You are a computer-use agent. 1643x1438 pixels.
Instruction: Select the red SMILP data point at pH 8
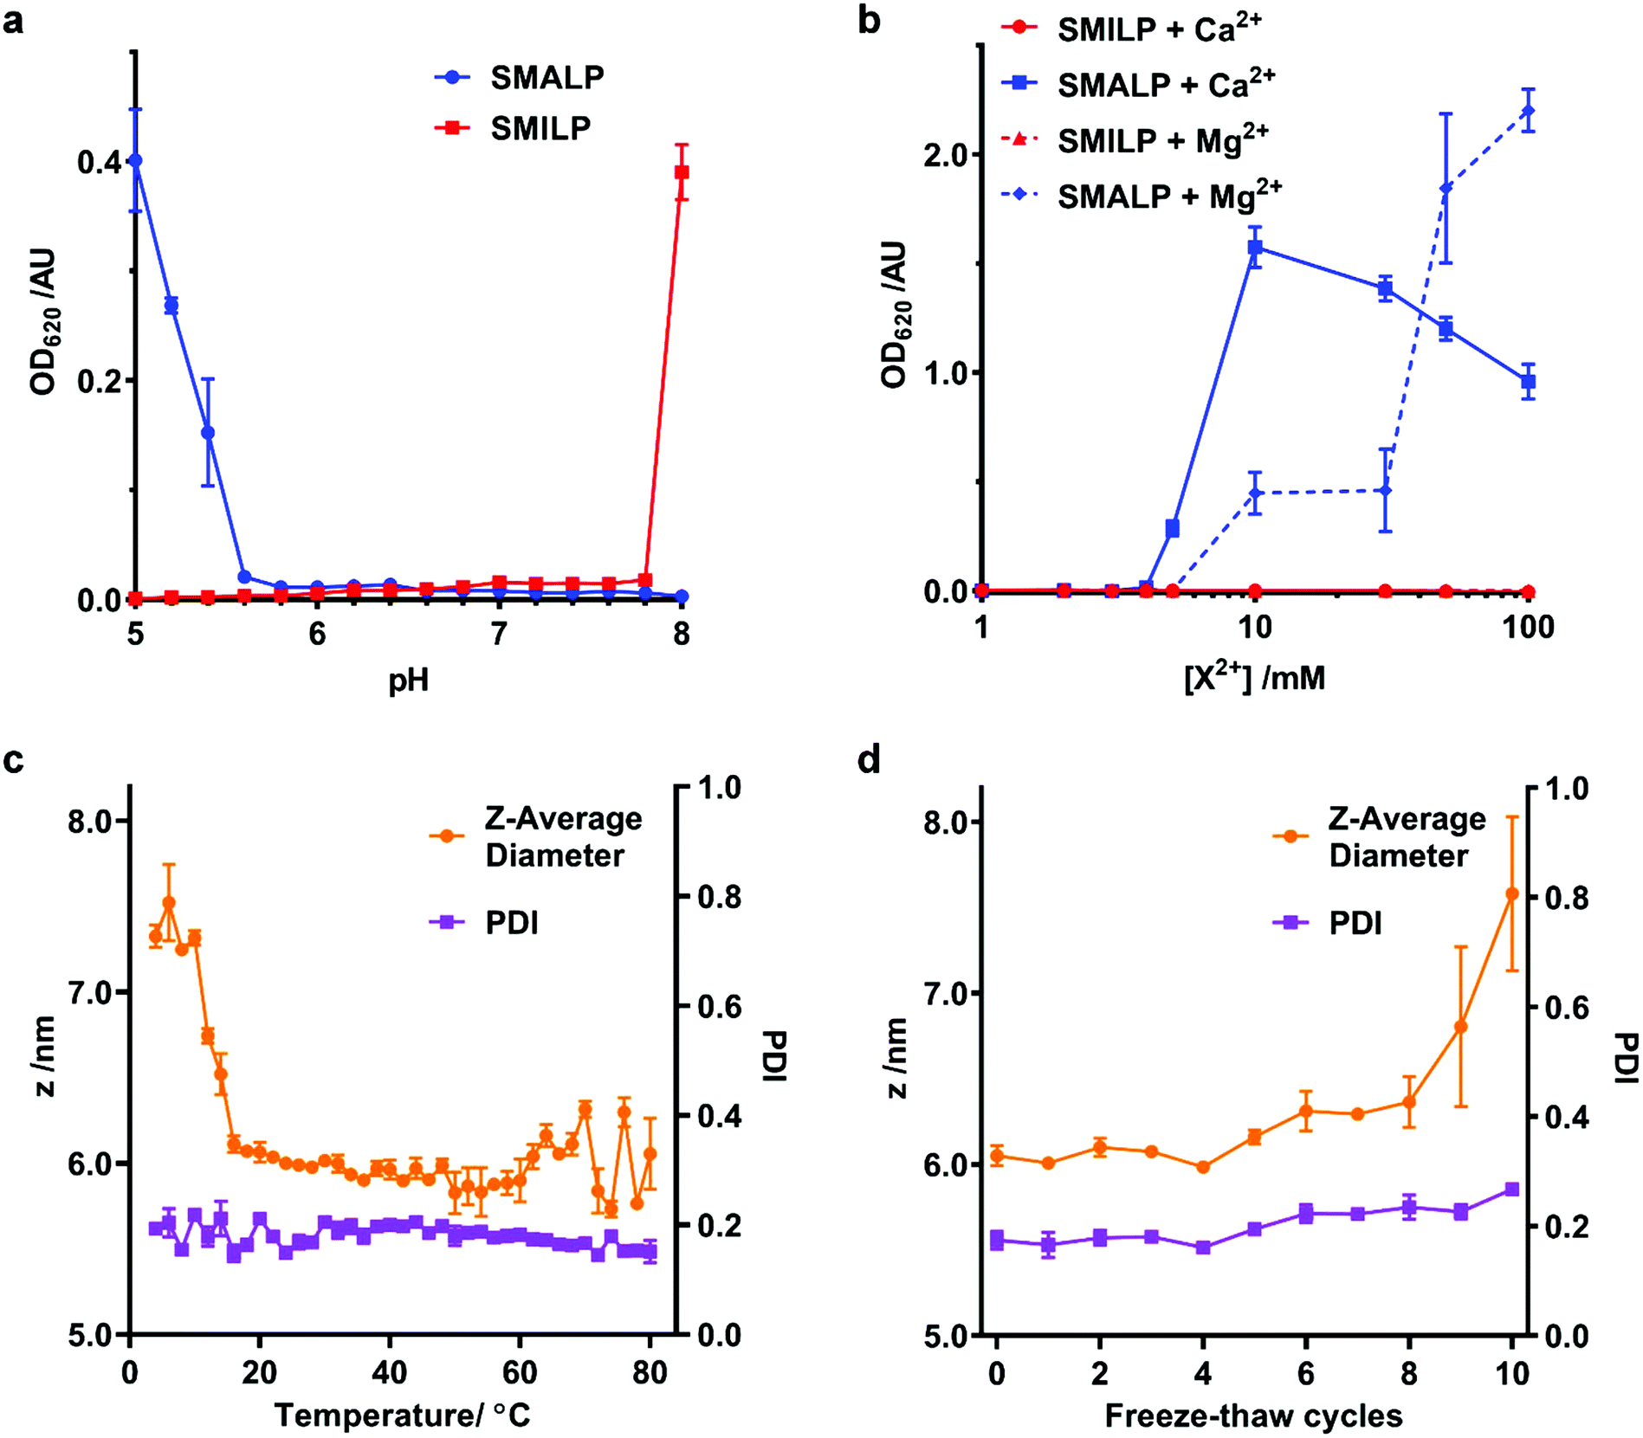pos(682,172)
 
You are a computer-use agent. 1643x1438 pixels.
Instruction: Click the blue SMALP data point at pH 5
pos(135,161)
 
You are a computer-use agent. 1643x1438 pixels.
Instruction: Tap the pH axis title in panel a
pos(408,680)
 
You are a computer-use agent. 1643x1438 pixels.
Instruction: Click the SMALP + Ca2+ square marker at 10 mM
pos(1255,248)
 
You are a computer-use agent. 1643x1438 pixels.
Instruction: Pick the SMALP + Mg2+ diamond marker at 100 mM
pos(1529,111)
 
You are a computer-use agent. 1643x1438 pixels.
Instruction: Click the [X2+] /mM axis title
pos(1254,677)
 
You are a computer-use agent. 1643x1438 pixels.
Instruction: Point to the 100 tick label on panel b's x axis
pos(1529,627)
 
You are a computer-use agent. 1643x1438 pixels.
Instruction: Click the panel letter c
pos(14,760)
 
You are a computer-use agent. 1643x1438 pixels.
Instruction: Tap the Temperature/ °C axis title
pos(402,1415)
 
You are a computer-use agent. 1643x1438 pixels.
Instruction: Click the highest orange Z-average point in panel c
pos(169,903)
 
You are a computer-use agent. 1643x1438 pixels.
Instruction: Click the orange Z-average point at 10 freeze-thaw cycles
pos(1512,893)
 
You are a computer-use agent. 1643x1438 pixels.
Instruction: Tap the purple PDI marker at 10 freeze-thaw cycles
pos(1512,1190)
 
